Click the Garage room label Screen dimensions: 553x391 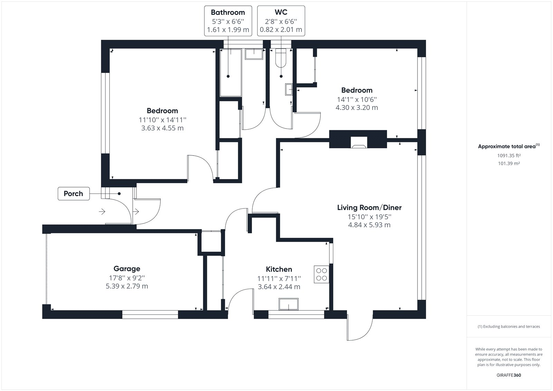(126, 269)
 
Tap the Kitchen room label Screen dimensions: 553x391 (279, 269)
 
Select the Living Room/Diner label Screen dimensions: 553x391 (369, 207)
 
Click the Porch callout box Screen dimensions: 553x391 (74, 194)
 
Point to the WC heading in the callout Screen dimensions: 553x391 (281, 12)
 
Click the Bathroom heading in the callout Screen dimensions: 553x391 (228, 12)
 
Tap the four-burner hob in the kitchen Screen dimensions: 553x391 (321, 274)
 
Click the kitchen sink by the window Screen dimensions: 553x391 (288, 304)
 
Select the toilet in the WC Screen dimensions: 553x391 (281, 58)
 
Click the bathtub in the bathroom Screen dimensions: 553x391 (231, 73)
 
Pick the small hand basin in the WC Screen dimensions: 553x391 (289, 90)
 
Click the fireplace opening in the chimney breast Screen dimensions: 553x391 (359, 142)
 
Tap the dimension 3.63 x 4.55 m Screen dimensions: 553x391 (162, 128)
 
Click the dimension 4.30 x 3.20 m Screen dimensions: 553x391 (357, 108)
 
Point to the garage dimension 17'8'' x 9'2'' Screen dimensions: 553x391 (127, 278)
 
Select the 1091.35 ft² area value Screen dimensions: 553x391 (509, 156)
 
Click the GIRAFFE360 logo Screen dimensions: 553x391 (509, 375)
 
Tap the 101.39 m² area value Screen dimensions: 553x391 (509, 164)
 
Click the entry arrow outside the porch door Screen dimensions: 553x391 (102, 212)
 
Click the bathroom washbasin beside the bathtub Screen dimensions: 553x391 (254, 54)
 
